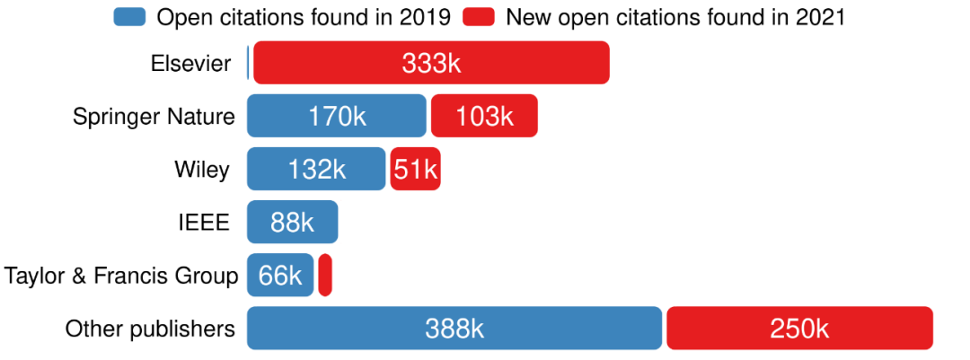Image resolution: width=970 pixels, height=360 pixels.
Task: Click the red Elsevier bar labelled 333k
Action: (431, 63)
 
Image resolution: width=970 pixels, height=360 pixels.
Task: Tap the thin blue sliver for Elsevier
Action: (248, 63)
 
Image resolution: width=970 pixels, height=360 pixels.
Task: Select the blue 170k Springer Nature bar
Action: (336, 116)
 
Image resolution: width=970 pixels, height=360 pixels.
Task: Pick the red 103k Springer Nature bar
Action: (484, 116)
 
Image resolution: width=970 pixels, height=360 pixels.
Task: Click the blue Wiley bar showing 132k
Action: (316, 169)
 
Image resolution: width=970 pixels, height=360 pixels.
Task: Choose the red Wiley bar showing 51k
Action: (415, 169)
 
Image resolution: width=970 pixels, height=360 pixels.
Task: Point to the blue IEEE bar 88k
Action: (292, 222)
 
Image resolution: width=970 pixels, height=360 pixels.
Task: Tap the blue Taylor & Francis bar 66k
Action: (280, 275)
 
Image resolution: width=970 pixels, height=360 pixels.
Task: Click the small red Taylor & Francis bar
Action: (325, 275)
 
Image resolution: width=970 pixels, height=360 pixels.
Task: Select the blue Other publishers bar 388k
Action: (454, 328)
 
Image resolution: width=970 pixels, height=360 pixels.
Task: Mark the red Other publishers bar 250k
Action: (799, 328)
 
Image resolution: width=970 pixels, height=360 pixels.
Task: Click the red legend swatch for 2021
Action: (480, 16)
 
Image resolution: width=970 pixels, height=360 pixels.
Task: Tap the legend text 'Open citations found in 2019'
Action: (303, 16)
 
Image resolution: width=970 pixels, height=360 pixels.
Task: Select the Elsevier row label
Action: (190, 63)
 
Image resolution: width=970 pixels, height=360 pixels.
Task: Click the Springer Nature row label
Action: (154, 116)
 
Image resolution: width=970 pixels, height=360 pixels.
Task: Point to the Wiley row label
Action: (202, 169)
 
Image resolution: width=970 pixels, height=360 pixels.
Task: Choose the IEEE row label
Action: (204, 222)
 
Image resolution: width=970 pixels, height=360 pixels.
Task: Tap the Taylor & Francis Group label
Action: (121, 275)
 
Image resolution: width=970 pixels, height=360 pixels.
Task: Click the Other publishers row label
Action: (150, 328)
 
